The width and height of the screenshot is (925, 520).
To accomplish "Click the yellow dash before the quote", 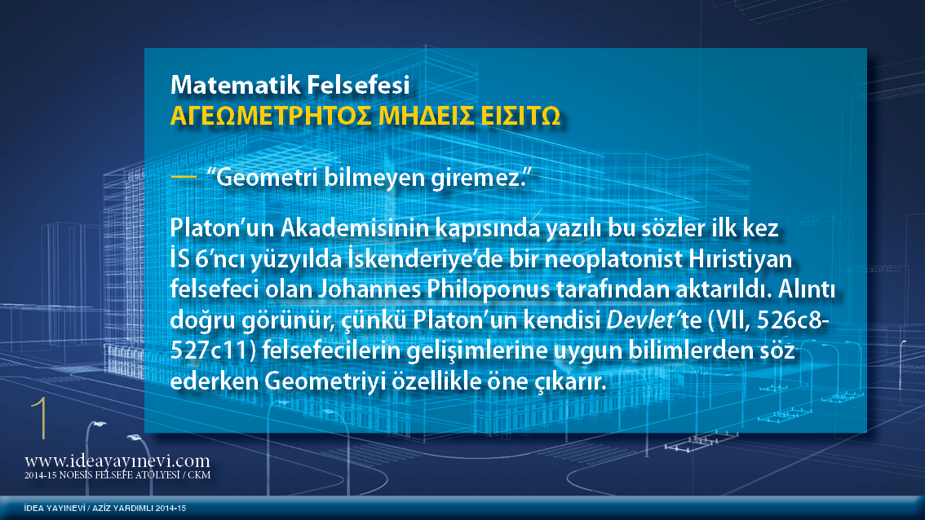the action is coord(184,177).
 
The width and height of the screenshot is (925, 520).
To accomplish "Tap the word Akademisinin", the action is coord(355,228).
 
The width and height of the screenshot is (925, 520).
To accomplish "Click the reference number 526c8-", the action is coord(793,320).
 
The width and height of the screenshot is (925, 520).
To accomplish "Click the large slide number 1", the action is coord(41,418).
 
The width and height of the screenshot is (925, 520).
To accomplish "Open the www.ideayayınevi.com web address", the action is coord(117,461).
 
